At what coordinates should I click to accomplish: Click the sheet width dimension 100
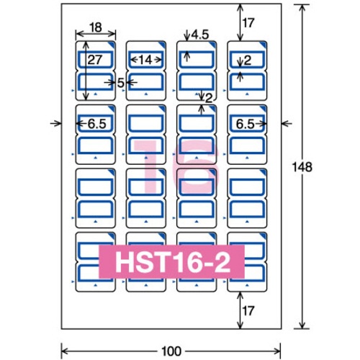[171, 351]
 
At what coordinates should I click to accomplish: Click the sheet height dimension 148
[302, 167]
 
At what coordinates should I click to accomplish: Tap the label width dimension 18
[96, 27]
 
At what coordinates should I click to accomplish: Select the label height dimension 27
[95, 60]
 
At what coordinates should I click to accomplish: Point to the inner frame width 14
[145, 60]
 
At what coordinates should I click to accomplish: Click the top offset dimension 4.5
[200, 35]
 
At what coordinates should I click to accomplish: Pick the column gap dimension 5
[121, 83]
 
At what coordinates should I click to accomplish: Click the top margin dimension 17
[248, 23]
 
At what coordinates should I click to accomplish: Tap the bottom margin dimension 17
[248, 311]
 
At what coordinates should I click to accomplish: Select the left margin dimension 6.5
[96, 124]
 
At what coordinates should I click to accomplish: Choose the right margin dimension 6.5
[245, 124]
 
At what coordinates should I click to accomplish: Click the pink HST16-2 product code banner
[171, 261]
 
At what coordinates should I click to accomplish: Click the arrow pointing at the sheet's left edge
[55, 124]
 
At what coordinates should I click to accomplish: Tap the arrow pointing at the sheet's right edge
[287, 124]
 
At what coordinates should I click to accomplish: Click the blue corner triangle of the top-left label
[113, 44]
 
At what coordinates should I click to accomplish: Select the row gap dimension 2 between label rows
[209, 98]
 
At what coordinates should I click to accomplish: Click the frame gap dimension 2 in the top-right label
[248, 60]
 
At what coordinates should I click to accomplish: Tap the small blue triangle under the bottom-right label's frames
[247, 285]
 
